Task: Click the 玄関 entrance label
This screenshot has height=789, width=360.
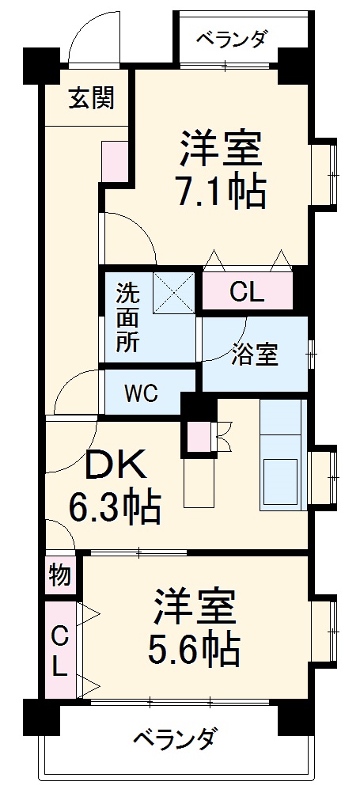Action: tap(91, 98)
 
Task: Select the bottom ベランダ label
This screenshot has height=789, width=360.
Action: tap(173, 740)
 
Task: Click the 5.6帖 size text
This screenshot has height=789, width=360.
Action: tap(194, 650)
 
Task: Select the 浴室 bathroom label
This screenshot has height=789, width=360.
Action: tap(255, 355)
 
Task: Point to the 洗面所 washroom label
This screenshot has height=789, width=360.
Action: tap(127, 317)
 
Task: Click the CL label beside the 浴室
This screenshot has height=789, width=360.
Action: tap(247, 293)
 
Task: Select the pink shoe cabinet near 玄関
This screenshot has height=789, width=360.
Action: tap(112, 162)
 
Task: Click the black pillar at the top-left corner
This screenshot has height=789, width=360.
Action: tap(41, 63)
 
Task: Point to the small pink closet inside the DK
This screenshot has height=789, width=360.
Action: tap(197, 434)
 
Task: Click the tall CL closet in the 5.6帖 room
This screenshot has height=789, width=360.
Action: tap(59, 649)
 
